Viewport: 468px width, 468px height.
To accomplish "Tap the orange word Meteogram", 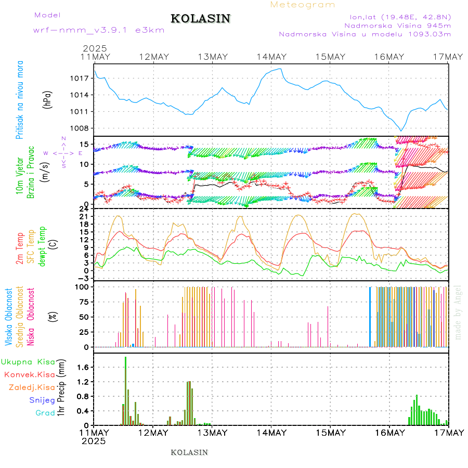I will [x=303, y=5].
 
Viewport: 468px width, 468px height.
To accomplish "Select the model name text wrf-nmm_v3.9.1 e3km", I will [x=99, y=30].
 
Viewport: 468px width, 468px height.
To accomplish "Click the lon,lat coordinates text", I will [x=400, y=16].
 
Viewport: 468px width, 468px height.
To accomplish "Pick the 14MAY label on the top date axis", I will [x=271, y=57].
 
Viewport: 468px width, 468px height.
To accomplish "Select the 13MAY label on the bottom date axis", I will [x=212, y=433].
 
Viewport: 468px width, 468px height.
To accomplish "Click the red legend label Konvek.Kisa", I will [x=29, y=374].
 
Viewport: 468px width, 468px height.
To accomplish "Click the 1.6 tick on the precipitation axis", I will [x=84, y=367].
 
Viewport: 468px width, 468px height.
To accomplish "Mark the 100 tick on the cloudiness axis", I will [x=83, y=287].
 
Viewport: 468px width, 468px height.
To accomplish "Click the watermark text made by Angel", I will [x=458, y=312].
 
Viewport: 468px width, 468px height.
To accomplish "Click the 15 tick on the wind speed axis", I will [x=85, y=144].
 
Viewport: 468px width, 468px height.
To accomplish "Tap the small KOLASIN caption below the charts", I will [x=189, y=452].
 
